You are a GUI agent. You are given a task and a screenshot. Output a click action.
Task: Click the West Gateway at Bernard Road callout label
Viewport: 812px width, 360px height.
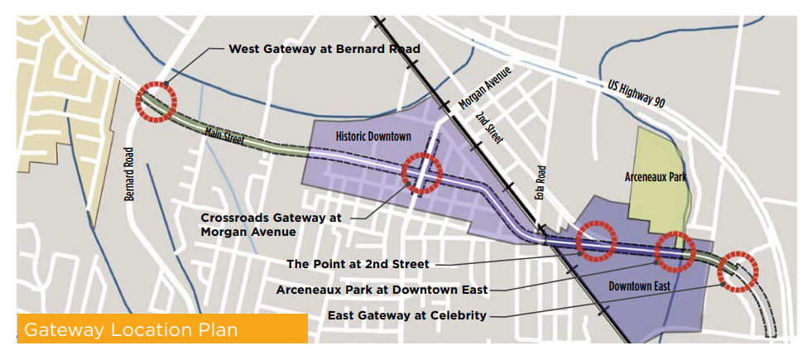click(x=324, y=49)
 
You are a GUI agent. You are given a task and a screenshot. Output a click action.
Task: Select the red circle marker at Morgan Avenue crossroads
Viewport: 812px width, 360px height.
click(x=421, y=173)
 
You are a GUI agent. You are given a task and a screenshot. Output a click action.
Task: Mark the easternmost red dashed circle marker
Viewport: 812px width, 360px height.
click(x=738, y=271)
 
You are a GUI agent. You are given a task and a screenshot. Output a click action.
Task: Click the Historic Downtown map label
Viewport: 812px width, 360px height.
click(x=373, y=136)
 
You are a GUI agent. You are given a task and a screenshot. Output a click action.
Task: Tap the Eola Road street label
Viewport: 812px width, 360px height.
click(x=541, y=178)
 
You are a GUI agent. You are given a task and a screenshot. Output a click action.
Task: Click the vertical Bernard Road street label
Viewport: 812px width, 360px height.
click(x=129, y=175)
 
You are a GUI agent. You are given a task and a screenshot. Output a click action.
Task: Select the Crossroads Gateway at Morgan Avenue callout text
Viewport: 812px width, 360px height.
click(x=271, y=224)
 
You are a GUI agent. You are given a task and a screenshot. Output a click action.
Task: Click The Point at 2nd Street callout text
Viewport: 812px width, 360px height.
click(x=358, y=264)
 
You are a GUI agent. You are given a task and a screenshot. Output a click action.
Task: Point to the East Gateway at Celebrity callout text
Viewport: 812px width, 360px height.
click(x=407, y=315)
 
